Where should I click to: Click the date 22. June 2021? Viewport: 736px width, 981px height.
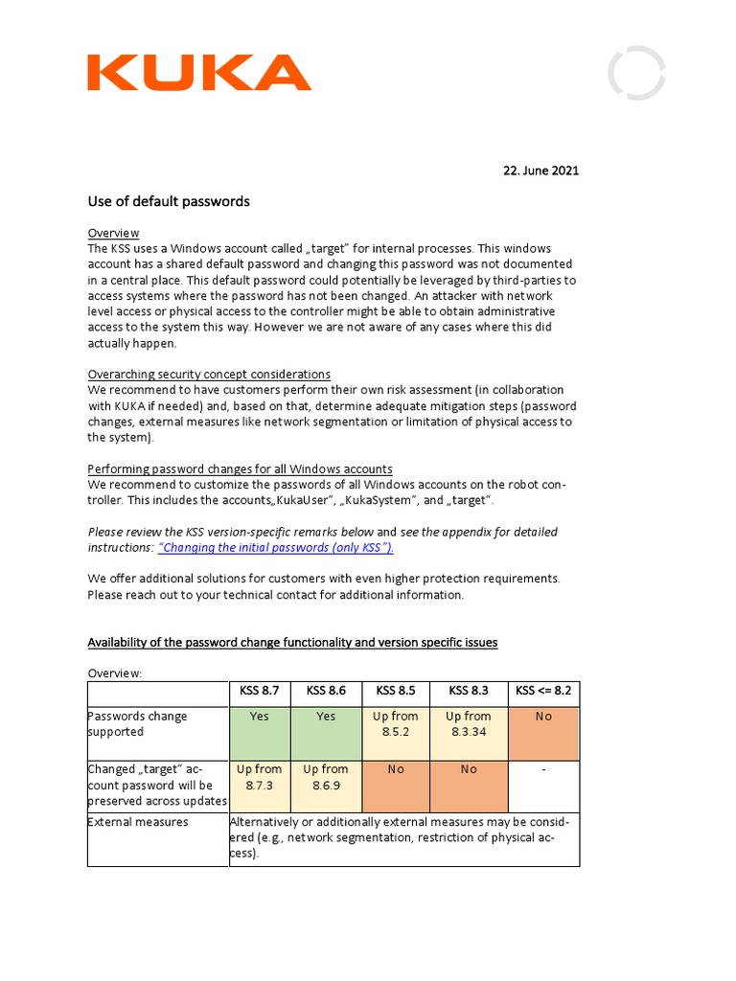click(x=540, y=171)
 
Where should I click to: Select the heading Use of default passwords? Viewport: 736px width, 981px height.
click(x=169, y=201)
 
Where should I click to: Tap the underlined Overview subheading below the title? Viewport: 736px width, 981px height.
click(x=113, y=233)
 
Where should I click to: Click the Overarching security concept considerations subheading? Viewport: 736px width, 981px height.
click(x=209, y=375)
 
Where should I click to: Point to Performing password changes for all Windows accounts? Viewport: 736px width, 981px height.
click(x=240, y=468)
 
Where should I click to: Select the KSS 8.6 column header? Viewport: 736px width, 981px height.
click(x=326, y=691)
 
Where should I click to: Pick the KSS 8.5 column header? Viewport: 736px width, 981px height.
click(x=396, y=691)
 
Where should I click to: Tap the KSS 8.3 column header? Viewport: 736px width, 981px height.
click(x=468, y=691)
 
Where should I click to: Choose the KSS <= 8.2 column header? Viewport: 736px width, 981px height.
click(x=543, y=691)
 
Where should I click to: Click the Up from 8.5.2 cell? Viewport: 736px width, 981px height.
click(x=396, y=724)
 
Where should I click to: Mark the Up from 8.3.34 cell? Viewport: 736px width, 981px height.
click(x=468, y=724)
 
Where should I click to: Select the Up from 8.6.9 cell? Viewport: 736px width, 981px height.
click(x=326, y=777)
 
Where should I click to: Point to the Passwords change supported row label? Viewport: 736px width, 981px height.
click(x=137, y=724)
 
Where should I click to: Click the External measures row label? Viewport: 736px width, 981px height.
click(x=138, y=822)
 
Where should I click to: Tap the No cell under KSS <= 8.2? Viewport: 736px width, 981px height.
click(x=543, y=717)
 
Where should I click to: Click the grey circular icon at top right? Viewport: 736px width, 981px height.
click(x=636, y=73)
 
